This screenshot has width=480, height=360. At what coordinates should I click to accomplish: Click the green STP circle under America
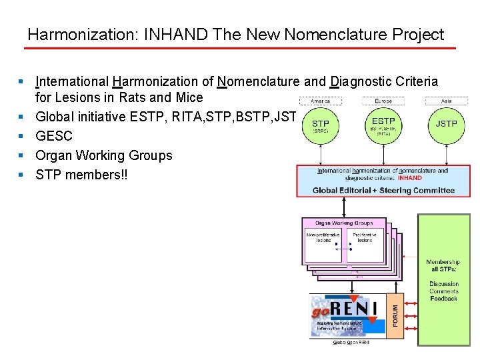pyautogui.click(x=321, y=125)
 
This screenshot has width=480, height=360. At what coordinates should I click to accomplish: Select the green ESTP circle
pyautogui.click(x=383, y=125)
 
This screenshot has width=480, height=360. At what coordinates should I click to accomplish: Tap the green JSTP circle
pyautogui.click(x=446, y=125)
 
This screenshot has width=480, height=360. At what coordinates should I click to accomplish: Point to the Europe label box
pyautogui.click(x=383, y=101)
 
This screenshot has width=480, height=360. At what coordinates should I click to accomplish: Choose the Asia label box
pyautogui.click(x=446, y=101)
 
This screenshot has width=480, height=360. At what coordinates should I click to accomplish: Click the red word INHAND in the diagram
pyautogui.click(x=409, y=178)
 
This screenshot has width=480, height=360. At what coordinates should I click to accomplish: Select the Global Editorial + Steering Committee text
pyautogui.click(x=383, y=190)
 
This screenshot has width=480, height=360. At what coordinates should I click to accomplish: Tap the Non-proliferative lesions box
pyautogui.click(x=323, y=237)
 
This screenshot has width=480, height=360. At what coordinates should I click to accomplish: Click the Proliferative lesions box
pyautogui.click(x=364, y=237)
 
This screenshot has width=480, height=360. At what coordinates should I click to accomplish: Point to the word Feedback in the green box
pyautogui.click(x=444, y=299)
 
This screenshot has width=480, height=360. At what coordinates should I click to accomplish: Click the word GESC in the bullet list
pyautogui.click(x=54, y=136)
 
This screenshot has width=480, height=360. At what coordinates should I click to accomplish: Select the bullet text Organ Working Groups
pyautogui.click(x=103, y=155)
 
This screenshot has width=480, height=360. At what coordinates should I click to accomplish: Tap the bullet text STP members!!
pyautogui.click(x=83, y=175)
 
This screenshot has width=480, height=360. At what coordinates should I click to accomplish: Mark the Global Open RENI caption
pyautogui.click(x=351, y=343)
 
